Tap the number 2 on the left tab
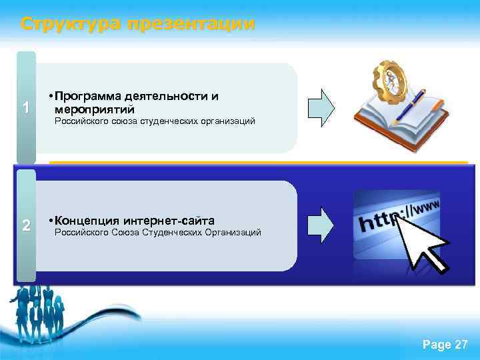pos(25,225)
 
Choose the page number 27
pos(461,345)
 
